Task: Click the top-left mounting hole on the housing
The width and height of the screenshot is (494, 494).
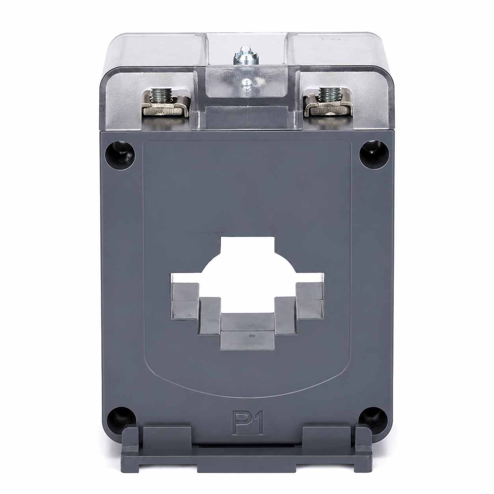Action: [x=120, y=155]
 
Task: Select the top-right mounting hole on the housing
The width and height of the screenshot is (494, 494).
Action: [x=374, y=154]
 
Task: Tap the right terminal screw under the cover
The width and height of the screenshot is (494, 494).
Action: [x=328, y=94]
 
